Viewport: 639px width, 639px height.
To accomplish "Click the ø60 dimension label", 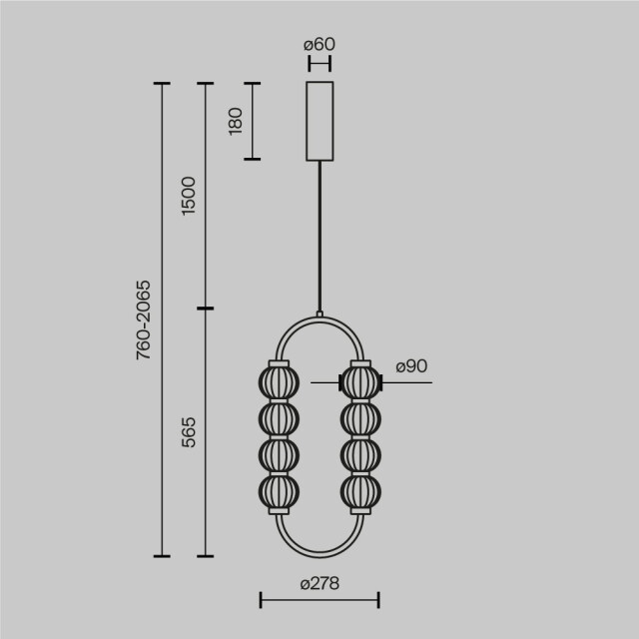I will tap(319, 44).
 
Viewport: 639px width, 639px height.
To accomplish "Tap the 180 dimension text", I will tap(237, 121).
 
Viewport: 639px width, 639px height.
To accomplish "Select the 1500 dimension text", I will tap(190, 196).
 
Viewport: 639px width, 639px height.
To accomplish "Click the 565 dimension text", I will tap(190, 431).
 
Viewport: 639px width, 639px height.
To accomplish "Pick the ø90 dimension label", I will tap(411, 367).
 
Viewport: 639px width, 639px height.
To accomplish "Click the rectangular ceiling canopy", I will tap(319, 121).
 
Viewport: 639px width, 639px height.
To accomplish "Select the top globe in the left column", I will tap(280, 382).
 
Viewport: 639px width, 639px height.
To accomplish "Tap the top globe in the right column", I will tap(359, 382).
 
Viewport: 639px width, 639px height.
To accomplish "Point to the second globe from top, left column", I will tap(280, 418).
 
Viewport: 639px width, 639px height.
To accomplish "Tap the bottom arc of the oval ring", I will tap(319, 554).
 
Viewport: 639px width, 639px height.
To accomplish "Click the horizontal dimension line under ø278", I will tap(319, 600).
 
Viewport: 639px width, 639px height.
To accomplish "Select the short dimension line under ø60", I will tap(319, 63).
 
